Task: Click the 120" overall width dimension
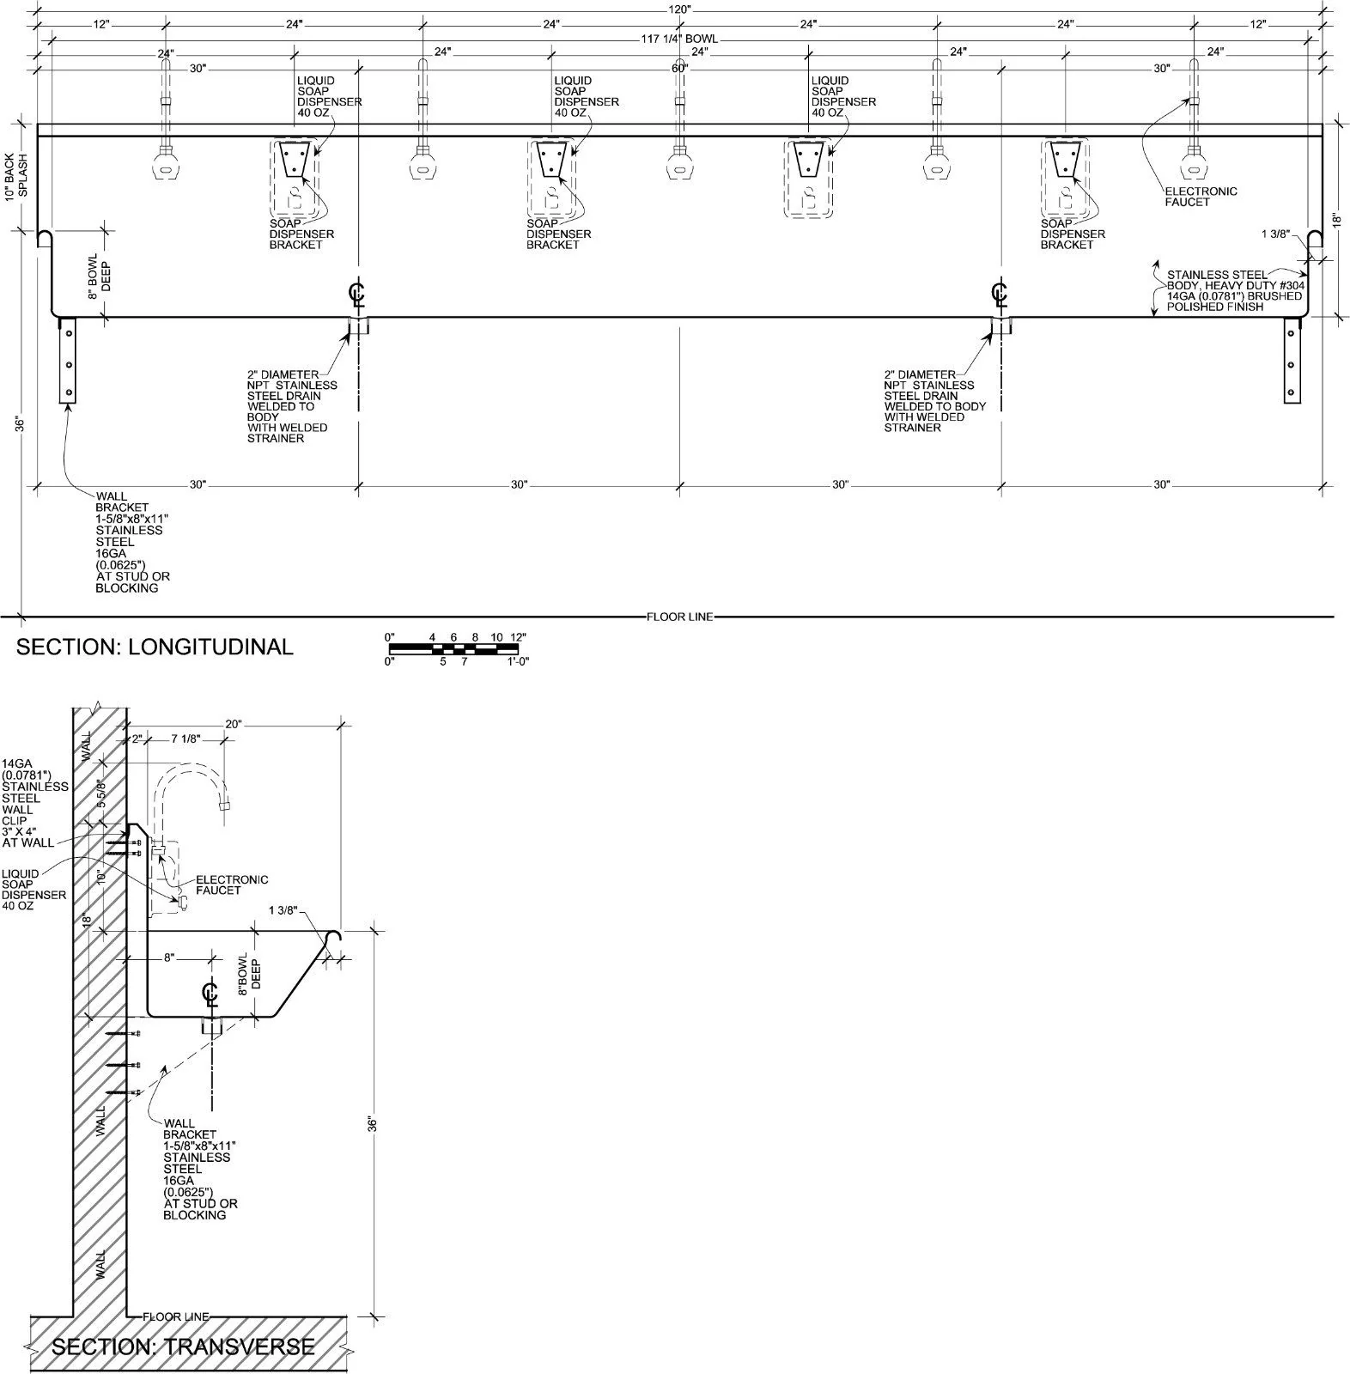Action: [x=679, y=9]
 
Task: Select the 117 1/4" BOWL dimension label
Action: [x=679, y=39]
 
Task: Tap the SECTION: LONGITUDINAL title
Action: [x=155, y=647]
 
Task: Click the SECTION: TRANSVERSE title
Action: [x=183, y=1347]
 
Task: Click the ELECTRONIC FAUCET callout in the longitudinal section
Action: [x=1201, y=197]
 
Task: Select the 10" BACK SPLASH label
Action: [x=16, y=175]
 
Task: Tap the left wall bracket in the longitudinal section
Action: [x=67, y=360]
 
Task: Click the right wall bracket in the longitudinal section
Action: [x=1293, y=360]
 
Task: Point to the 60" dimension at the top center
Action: [x=679, y=69]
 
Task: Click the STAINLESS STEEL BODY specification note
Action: [x=1234, y=290]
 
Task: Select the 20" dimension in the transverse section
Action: [x=234, y=724]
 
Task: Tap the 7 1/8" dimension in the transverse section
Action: [x=186, y=739]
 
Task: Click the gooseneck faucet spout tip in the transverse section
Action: [x=227, y=806]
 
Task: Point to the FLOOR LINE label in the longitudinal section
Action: [x=679, y=617]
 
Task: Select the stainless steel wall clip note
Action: [x=34, y=803]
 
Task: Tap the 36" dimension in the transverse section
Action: [x=372, y=1124]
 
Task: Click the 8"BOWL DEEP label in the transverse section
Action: [x=249, y=974]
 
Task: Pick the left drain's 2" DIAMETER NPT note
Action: [x=292, y=406]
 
